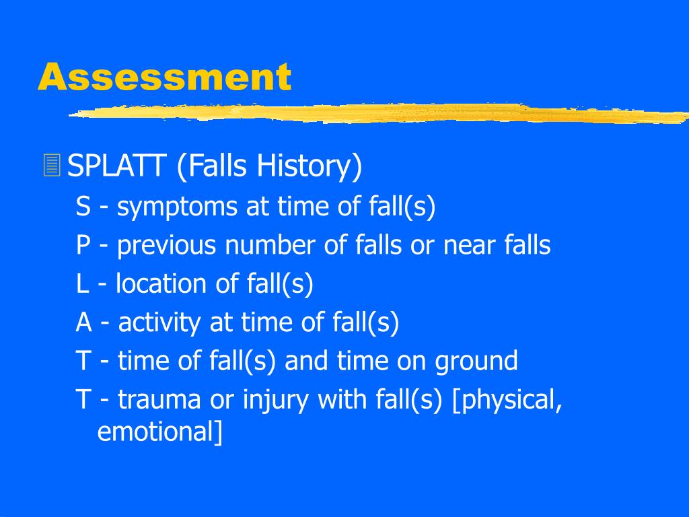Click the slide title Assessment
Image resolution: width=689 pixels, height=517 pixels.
pyautogui.click(x=164, y=77)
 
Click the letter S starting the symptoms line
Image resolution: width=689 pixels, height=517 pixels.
pyautogui.click(x=83, y=207)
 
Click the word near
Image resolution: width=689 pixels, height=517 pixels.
pyautogui.click(x=470, y=246)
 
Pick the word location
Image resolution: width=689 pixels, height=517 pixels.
pyautogui.click(x=161, y=284)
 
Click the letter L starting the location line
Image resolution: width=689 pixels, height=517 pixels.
pyautogui.click(x=82, y=284)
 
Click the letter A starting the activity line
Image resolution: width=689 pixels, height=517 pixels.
pyautogui.click(x=83, y=323)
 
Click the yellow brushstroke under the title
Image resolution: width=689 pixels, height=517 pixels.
pyautogui.click(x=377, y=113)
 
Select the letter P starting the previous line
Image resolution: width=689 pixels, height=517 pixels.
pyautogui.click(x=83, y=246)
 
